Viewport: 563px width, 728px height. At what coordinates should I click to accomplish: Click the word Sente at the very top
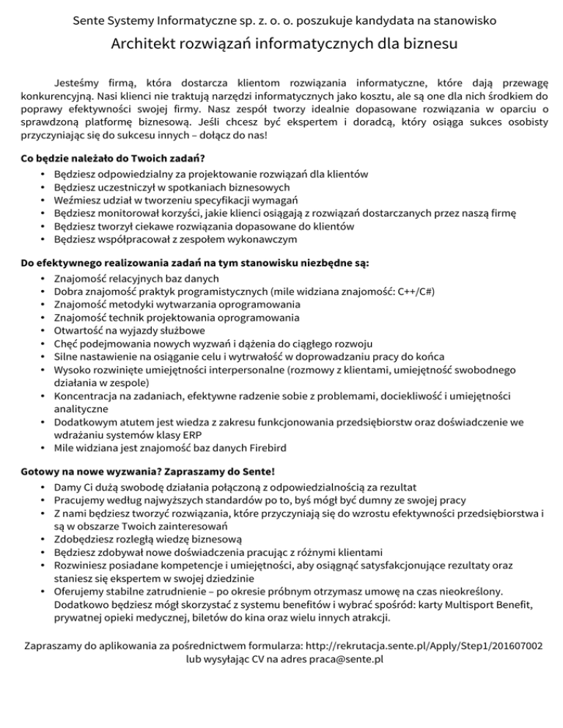point(90,21)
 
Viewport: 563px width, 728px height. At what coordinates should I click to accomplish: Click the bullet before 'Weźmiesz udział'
point(44,200)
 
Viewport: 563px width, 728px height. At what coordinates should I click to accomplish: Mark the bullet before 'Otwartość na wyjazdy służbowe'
point(44,330)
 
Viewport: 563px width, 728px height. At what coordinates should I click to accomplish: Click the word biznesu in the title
point(429,45)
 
